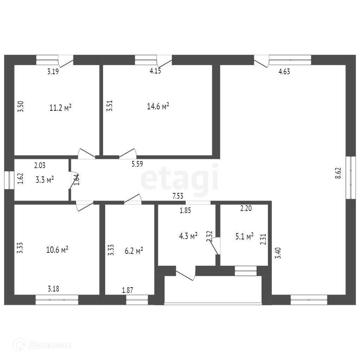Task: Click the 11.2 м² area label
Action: coord(60,108)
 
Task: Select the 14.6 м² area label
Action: coord(158,106)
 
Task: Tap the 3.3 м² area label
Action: coord(45,180)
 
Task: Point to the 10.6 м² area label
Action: coord(57,250)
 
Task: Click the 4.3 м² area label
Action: coord(188,237)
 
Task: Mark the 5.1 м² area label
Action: coord(244,237)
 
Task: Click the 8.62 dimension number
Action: coord(338,174)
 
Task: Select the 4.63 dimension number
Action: coord(284,72)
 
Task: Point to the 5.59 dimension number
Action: coord(137,163)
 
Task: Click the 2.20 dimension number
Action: coord(246,208)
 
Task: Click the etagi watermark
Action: coord(179,179)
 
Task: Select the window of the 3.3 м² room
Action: coord(9,180)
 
